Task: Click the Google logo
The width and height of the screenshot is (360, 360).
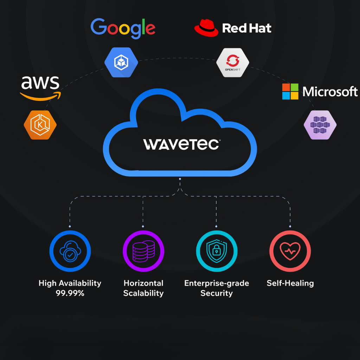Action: (123, 28)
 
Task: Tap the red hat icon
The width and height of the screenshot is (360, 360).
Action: (206, 28)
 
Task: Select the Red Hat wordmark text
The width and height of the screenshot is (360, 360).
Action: (246, 28)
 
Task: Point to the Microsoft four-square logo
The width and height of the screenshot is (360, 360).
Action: (290, 91)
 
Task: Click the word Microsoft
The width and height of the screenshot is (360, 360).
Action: (330, 92)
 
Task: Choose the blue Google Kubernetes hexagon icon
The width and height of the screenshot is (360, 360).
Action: (121, 62)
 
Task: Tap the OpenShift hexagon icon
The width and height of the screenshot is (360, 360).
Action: (233, 63)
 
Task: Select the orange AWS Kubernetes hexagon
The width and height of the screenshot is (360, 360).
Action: (40, 125)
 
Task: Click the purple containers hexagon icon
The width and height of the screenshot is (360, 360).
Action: (320, 125)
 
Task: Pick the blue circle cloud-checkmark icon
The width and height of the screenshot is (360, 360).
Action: (70, 251)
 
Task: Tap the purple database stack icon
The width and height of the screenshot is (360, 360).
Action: (143, 251)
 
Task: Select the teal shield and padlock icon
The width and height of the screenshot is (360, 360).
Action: (217, 251)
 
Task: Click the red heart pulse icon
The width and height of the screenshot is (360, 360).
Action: (290, 251)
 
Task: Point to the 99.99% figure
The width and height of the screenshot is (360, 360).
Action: (70, 293)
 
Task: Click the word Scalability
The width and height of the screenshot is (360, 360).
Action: (143, 293)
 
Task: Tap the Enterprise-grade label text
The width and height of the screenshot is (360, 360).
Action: (217, 283)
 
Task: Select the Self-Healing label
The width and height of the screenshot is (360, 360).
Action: (290, 283)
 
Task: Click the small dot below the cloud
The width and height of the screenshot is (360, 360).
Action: (180, 179)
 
